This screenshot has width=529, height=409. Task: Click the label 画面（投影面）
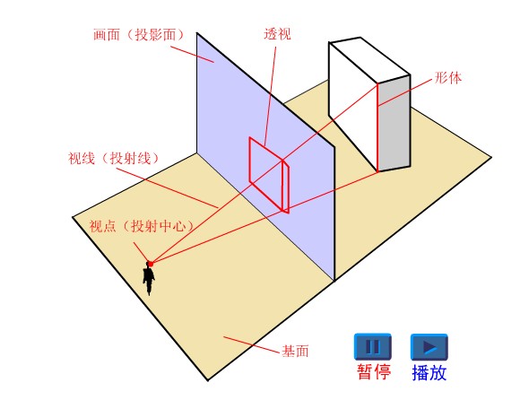[140, 35]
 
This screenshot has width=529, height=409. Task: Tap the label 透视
[277, 34]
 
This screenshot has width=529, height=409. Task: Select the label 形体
[448, 78]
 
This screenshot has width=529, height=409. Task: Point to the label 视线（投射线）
[114, 158]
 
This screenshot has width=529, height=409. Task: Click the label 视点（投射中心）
[142, 226]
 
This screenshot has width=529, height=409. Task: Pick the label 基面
[295, 352]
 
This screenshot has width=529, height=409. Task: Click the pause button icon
[373, 346]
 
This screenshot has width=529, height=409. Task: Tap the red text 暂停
[374, 372]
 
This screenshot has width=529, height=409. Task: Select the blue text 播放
[429, 372]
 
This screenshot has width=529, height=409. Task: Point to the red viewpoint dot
[151, 264]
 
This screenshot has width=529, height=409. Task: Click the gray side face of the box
[394, 123]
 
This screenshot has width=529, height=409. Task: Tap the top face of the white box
[369, 60]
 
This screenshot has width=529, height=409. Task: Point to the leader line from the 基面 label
[252, 344]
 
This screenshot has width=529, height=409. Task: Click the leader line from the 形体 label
[405, 92]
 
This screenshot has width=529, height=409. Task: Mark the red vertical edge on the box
[377, 127]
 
